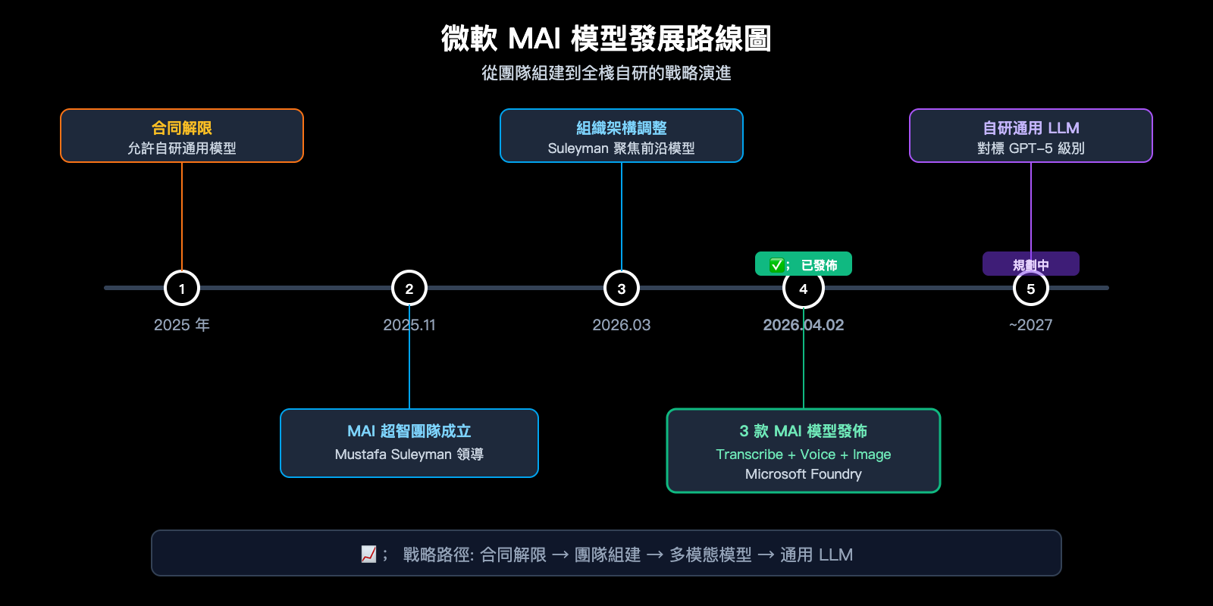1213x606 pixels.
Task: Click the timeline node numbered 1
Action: click(x=182, y=288)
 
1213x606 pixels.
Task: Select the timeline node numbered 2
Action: click(x=409, y=288)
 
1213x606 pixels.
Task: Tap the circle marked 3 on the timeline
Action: click(x=622, y=288)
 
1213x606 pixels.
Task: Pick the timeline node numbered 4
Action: click(x=804, y=289)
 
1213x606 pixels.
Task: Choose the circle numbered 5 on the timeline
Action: click(x=1031, y=289)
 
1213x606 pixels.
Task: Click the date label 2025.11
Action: click(x=409, y=325)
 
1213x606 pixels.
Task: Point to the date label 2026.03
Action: click(x=622, y=325)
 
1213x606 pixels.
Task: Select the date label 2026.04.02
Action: click(x=804, y=325)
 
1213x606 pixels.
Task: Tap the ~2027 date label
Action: click(x=1031, y=325)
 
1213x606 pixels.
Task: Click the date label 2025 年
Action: click(x=182, y=325)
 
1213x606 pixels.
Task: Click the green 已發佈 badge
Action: click(x=804, y=264)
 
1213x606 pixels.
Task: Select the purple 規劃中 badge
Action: click(x=1031, y=264)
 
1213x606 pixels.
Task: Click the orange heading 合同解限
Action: click(x=182, y=128)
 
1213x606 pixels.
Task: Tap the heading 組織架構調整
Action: click(x=622, y=128)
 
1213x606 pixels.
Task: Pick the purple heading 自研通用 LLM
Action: click(x=1031, y=128)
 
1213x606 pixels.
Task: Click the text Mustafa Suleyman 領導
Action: click(x=409, y=454)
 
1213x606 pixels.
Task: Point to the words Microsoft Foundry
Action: click(x=804, y=474)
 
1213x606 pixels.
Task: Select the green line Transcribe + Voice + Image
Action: click(x=804, y=454)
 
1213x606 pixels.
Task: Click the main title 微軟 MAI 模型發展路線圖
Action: click(x=606, y=39)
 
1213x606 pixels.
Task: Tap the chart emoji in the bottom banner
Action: click(x=369, y=554)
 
